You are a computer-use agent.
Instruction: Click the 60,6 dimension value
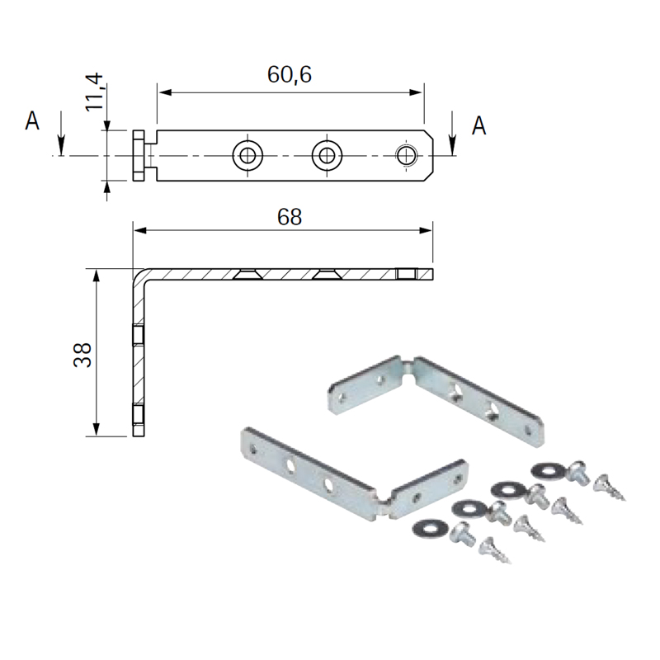[x=290, y=74]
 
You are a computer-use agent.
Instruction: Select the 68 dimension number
[x=290, y=217]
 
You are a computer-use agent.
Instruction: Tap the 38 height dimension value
[x=82, y=355]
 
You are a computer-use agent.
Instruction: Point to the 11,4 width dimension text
[x=94, y=92]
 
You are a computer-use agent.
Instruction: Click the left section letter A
[x=32, y=120]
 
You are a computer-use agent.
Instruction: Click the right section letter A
[x=478, y=125]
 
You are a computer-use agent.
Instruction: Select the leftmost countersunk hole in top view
[x=247, y=156]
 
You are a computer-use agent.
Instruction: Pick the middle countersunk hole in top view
[x=327, y=156]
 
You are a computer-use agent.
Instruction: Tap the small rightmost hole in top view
[x=406, y=156]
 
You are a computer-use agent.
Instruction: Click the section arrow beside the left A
[x=61, y=134]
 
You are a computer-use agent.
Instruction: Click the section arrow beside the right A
[x=452, y=134]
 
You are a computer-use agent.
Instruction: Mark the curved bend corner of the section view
[x=139, y=276]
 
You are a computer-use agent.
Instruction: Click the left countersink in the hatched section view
[x=247, y=274]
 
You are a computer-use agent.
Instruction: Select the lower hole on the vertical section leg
[x=139, y=413]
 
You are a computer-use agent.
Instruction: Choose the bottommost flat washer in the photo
[x=429, y=526]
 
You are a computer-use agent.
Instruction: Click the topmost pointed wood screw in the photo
[x=609, y=487]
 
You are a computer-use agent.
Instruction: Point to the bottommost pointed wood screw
[x=496, y=549]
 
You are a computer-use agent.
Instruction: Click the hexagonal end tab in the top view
[x=139, y=156]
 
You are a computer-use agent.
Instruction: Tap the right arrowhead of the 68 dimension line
[x=426, y=230]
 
